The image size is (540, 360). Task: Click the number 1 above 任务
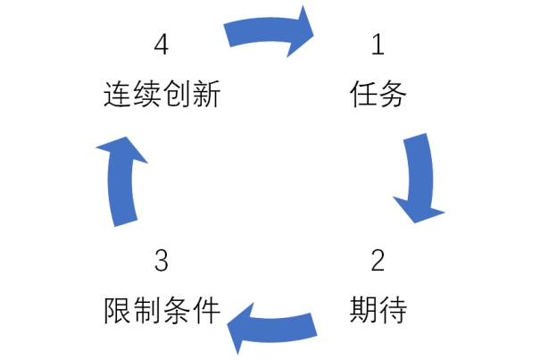click(378, 45)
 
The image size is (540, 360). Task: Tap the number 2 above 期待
click(378, 260)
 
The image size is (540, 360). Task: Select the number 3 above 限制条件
click(162, 260)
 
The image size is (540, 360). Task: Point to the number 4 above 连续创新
click(162, 45)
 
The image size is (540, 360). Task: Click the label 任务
click(378, 94)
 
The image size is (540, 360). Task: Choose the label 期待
click(378, 310)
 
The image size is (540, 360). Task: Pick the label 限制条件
click(162, 310)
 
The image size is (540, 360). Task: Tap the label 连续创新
click(162, 94)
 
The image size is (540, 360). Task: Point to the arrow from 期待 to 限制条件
click(272, 331)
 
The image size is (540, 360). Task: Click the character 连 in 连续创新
click(118, 94)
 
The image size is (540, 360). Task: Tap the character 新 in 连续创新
click(206, 94)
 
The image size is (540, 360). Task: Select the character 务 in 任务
click(393, 94)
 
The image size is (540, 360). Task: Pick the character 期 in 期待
click(363, 310)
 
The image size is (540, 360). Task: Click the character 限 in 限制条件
click(118, 310)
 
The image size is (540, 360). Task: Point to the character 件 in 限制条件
click(206, 310)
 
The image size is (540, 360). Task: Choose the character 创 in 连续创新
click(177, 94)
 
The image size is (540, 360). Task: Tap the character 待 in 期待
click(393, 310)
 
